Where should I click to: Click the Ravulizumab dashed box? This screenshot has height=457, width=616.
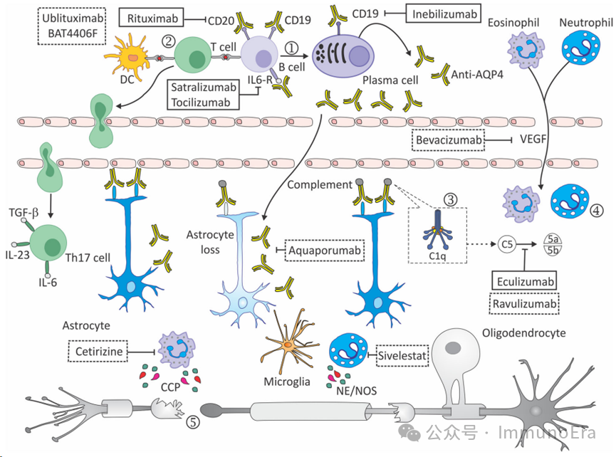click(524, 304)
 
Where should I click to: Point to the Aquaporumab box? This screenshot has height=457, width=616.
click(325, 251)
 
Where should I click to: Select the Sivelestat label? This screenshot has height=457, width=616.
click(402, 351)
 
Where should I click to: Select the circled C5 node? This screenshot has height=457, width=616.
click(507, 243)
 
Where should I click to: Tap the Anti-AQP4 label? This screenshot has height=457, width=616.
click(476, 73)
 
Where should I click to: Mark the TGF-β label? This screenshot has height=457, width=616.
click(23, 212)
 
